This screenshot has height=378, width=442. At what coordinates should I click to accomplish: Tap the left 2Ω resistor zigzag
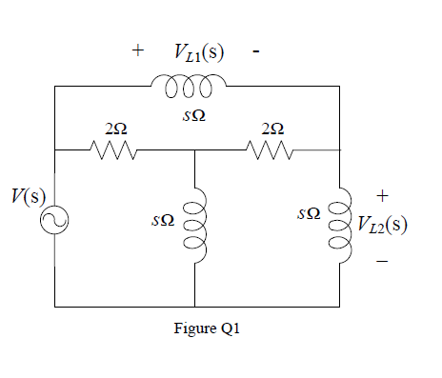click(x=115, y=149)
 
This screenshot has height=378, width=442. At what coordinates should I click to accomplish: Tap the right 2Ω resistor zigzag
click(x=270, y=149)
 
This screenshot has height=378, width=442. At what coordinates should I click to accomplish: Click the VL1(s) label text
click(x=199, y=51)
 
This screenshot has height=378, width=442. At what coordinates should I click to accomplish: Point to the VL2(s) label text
click(x=383, y=225)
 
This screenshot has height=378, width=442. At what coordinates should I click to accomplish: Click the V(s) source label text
click(x=22, y=202)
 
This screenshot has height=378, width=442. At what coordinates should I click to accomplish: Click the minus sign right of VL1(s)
click(x=256, y=52)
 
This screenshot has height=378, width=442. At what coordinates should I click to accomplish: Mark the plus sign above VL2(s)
click(x=382, y=195)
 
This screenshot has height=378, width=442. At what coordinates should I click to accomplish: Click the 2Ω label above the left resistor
click(x=116, y=129)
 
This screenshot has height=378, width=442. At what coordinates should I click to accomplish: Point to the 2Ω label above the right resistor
click(x=271, y=129)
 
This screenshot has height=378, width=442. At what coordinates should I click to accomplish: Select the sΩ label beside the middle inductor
click(x=162, y=220)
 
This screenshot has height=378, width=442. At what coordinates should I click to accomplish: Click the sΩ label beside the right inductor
click(x=307, y=215)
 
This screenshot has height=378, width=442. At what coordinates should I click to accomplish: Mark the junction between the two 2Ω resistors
click(x=194, y=149)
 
